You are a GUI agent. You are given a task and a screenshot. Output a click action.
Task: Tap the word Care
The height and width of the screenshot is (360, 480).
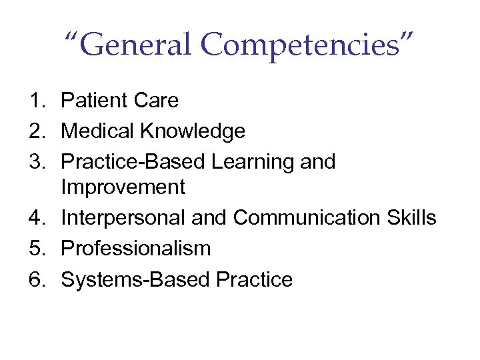pyautogui.click(x=155, y=101)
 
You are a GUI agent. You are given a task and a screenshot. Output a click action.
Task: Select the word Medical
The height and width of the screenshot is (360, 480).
pyautogui.click(x=97, y=131)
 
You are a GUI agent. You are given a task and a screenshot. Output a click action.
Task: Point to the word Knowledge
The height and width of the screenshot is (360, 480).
pyautogui.click(x=193, y=131)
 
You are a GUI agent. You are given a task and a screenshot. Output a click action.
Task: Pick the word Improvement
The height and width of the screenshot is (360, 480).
pyautogui.click(x=123, y=188)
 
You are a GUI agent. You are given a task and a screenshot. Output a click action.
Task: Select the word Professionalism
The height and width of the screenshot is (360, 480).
pyautogui.click(x=135, y=249)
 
